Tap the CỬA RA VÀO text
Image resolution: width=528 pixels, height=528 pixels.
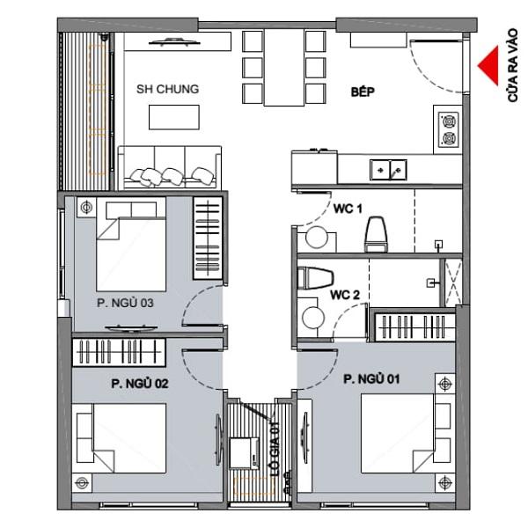tap(512, 65)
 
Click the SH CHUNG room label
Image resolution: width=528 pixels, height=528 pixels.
tap(167, 89)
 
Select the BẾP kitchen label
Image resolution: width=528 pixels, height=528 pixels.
tap(363, 92)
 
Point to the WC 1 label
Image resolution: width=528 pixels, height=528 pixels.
tap(348, 209)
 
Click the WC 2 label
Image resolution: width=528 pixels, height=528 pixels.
tap(345, 295)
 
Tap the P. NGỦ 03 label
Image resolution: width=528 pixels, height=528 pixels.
tap(125, 303)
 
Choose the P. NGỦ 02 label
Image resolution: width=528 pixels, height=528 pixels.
tap(140, 384)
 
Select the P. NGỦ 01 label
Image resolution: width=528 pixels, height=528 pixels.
tap(371, 379)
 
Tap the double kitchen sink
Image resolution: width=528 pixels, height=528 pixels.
tap(388, 170)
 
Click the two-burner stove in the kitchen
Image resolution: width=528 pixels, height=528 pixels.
tap(448, 129)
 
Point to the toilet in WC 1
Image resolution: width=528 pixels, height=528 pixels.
tap(376, 234)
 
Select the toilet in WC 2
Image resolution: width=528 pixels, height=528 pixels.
tap(316, 278)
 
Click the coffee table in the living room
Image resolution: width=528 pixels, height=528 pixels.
tap(174, 117)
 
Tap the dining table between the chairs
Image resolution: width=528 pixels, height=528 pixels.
tap(284, 68)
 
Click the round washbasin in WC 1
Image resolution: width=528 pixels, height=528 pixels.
tap(317, 238)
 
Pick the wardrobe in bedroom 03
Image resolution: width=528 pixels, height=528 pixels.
tap(208, 238)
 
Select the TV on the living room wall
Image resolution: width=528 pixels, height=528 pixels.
tap(175, 42)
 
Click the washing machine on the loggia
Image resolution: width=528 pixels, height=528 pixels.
tap(244, 453)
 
